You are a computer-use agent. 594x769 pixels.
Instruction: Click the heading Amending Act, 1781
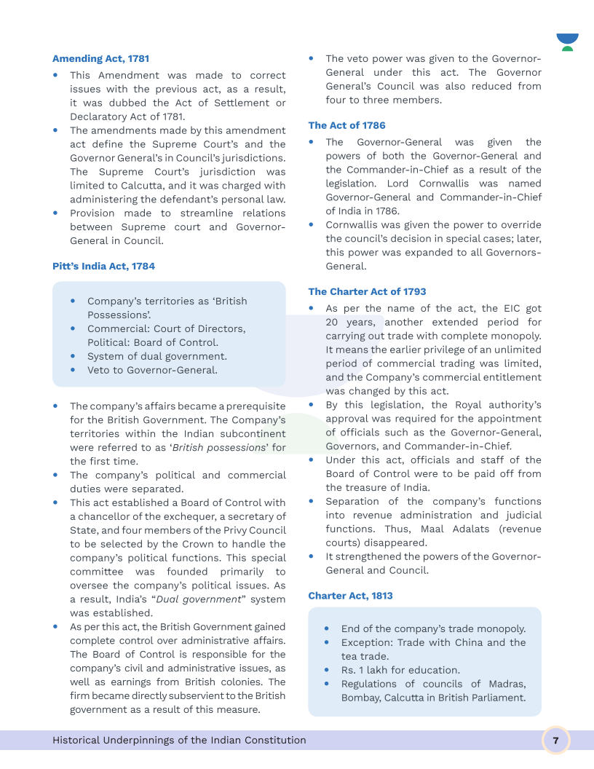[100, 58]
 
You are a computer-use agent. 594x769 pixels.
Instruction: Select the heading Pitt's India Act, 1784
[103, 266]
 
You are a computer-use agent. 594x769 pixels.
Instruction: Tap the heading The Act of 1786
[346, 125]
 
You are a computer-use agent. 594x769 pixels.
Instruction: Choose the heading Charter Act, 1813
[350, 596]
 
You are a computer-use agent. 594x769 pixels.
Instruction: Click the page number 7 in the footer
[555, 741]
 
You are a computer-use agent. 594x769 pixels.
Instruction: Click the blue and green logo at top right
[567, 42]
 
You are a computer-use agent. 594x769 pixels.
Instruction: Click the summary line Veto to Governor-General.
[152, 370]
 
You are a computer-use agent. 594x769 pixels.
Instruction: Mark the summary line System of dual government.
[157, 356]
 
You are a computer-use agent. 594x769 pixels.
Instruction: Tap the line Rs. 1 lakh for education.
[400, 670]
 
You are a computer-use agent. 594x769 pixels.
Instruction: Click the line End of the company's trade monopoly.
[433, 628]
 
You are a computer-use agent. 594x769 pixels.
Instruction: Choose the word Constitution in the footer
[273, 741]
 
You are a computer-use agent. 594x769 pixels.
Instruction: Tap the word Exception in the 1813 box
[366, 642]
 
